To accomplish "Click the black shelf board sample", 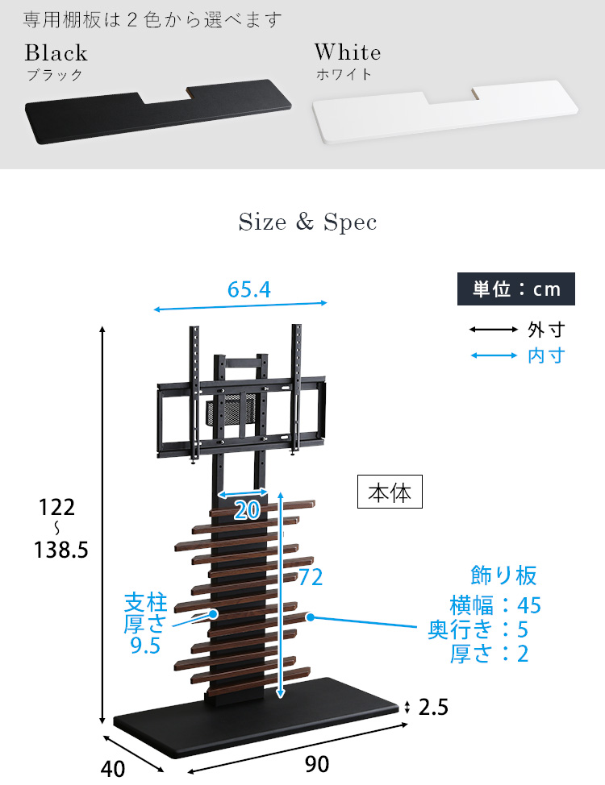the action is [158, 111].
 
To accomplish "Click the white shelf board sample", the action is [445, 112].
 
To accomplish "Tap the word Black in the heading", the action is [56, 52].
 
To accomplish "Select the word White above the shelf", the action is [348, 52].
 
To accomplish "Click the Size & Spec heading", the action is [307, 222].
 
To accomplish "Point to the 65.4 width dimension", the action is [249, 289].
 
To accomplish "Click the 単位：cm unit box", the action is [515, 289].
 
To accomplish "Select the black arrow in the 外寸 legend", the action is [493, 330].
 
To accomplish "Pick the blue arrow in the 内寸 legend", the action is [493, 355].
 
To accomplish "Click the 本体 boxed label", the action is [390, 492].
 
